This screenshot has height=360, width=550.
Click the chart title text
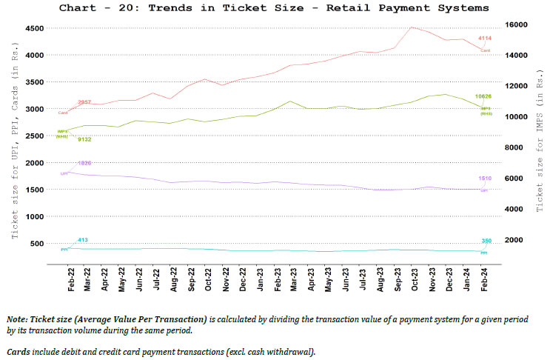click(273, 8)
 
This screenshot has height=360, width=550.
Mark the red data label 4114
click(485, 38)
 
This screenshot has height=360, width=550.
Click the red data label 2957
click(84, 102)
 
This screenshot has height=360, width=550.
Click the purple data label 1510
click(485, 179)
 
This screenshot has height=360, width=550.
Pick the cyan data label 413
click(83, 240)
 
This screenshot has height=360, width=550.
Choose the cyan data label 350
click(486, 241)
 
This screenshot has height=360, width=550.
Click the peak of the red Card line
click(412, 27)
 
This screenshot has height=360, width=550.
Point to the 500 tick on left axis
click(35, 243)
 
